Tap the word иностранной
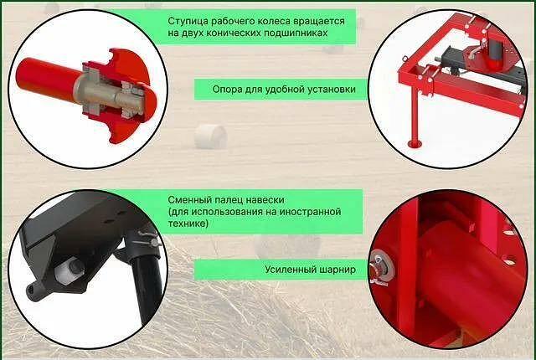click(x=311, y=212)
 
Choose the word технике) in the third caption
click(x=188, y=224)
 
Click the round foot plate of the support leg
click(x=415, y=144)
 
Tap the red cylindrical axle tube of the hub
click(x=48, y=80)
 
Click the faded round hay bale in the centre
click(x=211, y=136)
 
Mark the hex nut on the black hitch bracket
click(x=74, y=267)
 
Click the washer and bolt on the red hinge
click(x=382, y=267)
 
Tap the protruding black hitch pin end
click(x=33, y=291)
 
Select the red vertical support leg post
click(x=415, y=113)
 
